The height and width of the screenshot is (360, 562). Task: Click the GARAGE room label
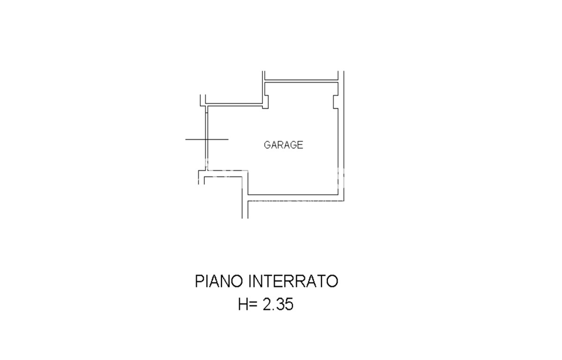point(283,145)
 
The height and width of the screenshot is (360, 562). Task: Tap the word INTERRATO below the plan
point(293,281)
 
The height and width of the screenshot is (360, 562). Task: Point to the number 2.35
point(278,305)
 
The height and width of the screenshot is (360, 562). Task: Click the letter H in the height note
point(243,305)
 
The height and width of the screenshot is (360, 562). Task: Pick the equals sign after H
point(254,305)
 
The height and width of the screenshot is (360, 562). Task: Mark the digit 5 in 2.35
point(289,305)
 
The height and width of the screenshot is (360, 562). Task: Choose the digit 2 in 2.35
point(266,305)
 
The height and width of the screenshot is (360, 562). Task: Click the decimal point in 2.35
point(274,309)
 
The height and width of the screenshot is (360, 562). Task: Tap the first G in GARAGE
point(267,145)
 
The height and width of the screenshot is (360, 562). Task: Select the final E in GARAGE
point(301,145)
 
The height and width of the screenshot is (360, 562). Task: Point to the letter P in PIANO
point(200,281)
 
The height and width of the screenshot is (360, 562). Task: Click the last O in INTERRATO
point(333,281)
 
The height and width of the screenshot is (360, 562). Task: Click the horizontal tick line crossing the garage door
point(207,139)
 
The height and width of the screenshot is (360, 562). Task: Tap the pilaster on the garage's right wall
point(335,102)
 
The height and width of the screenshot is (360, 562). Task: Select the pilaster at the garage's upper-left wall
point(266,102)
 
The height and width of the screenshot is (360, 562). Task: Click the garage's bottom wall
point(293,195)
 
